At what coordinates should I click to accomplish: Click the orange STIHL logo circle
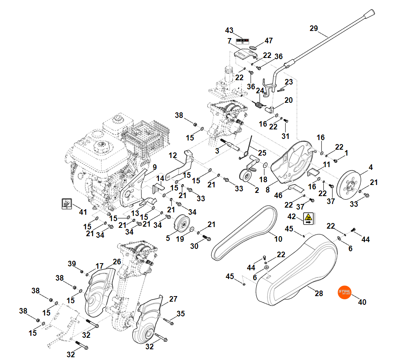coord(344,293)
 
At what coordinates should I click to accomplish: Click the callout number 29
coord(314,29)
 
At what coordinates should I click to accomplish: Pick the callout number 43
coord(229,31)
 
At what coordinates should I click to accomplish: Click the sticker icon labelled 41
coord(66,204)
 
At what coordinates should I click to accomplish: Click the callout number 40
coord(362,302)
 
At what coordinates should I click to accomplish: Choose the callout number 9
coord(155,167)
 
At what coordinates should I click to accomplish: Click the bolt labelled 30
coord(207,238)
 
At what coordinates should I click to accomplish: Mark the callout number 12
coord(172,155)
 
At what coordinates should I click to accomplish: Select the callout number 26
coord(117,262)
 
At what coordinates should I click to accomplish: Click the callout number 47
coord(269,40)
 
